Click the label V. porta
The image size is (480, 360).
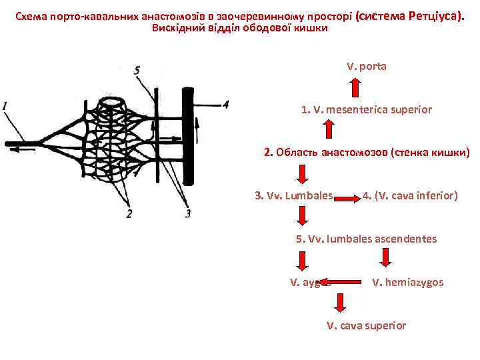coord(366,67)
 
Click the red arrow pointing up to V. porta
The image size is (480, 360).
coord(355,89)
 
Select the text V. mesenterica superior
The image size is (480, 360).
coord(366,109)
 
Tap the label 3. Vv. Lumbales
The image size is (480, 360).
coord(294,196)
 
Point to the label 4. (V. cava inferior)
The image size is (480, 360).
coord(410,196)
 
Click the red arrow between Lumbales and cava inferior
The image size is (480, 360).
coord(347,197)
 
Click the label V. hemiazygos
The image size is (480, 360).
coord(407,282)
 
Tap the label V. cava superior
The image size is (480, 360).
coord(366,325)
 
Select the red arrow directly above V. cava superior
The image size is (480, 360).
coord(340,303)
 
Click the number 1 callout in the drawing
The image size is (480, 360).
coord(5,105)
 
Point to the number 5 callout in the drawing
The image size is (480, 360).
coord(136,70)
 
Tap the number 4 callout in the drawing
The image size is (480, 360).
coord(226,104)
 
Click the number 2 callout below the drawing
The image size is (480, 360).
coord(128,213)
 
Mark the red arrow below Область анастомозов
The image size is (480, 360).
coord(303,174)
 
